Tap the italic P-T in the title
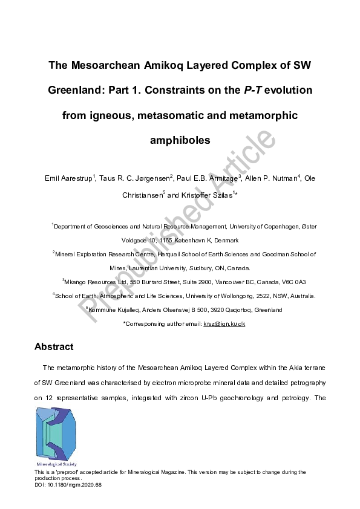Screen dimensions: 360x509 click(x=254, y=89)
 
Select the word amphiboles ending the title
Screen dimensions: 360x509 click(x=180, y=140)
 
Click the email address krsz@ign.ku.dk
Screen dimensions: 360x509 click(x=224, y=324)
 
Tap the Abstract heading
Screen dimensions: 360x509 click(x=54, y=347)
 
